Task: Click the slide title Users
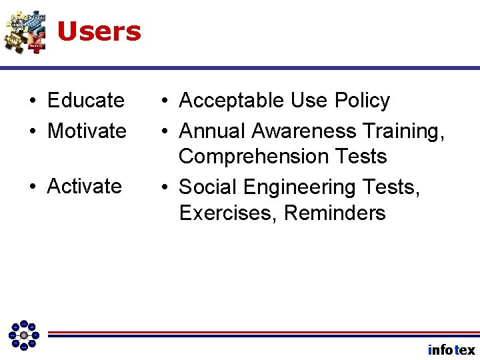click(x=99, y=31)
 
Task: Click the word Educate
click(x=85, y=101)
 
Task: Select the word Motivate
click(x=87, y=131)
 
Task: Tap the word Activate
click(x=85, y=186)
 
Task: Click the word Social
click(x=207, y=187)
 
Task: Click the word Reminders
click(x=335, y=213)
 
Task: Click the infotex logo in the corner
click(x=451, y=350)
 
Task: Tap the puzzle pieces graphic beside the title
click(x=25, y=31)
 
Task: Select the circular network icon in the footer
click(x=24, y=335)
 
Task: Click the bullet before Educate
click(x=32, y=101)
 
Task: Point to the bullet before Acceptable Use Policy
click(x=163, y=101)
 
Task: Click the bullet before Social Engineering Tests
click(x=163, y=188)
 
